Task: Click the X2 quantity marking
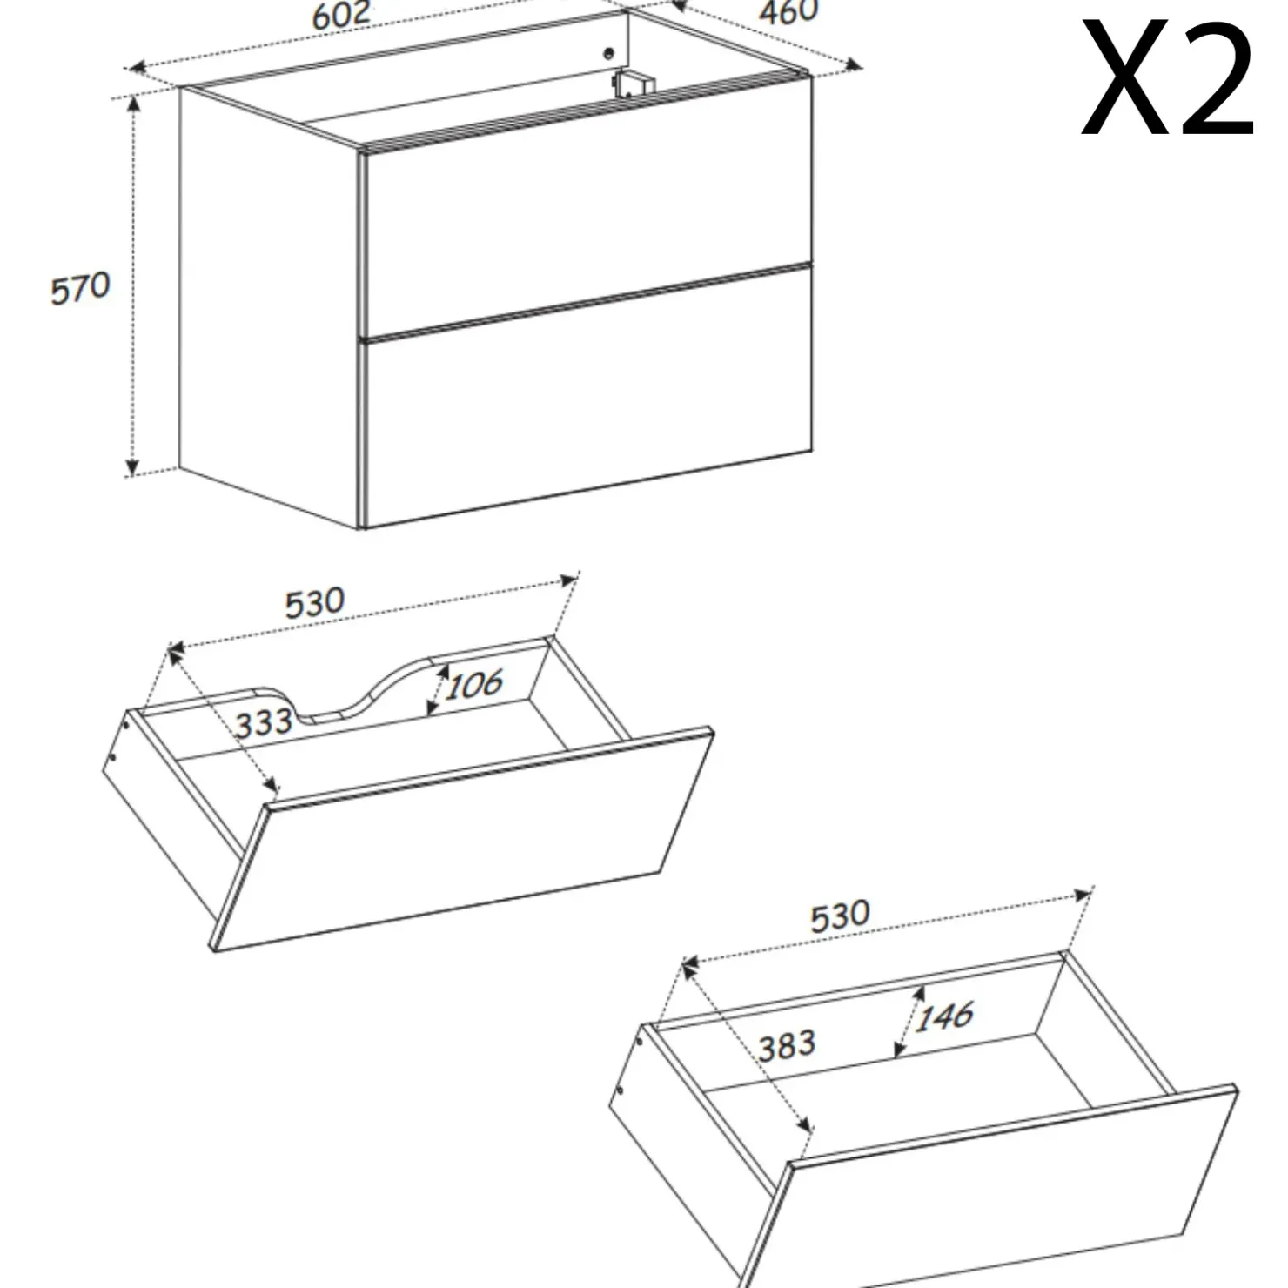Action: tap(1167, 79)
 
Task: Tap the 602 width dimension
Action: tap(341, 15)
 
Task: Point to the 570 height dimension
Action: tap(80, 288)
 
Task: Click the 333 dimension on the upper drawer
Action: tap(263, 723)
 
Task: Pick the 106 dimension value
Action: tap(474, 684)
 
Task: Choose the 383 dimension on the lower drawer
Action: tap(787, 1045)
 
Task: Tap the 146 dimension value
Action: tap(944, 1016)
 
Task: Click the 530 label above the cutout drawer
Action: tap(315, 602)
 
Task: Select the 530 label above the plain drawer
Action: tap(840, 916)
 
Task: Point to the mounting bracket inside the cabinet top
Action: tap(633, 83)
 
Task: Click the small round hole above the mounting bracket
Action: tap(609, 53)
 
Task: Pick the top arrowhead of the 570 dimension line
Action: tap(132, 104)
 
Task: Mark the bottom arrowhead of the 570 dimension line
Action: tap(132, 467)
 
